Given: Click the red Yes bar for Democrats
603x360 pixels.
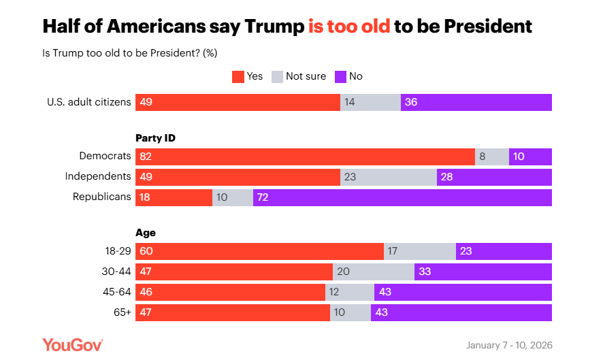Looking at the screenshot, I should click(305, 157).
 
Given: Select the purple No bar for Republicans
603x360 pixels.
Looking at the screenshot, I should click(402, 197).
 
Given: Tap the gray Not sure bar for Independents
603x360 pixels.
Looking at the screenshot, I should click(388, 177).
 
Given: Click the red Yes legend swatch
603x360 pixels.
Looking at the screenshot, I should click(238, 76).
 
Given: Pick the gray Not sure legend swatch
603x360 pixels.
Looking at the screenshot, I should click(277, 76).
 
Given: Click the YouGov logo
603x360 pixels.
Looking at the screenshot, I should click(73, 344).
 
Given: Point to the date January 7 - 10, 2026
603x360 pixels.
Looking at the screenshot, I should click(509, 345).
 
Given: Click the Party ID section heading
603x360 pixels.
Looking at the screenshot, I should click(156, 137).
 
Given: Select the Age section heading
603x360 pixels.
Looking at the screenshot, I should click(146, 233).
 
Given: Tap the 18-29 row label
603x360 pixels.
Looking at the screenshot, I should click(116, 250).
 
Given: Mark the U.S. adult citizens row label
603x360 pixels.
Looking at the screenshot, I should click(88, 102).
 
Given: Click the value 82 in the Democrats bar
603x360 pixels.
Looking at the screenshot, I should click(146, 157).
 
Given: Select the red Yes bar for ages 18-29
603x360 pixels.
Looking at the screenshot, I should click(259, 251).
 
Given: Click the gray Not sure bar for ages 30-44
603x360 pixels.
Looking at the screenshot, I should click(373, 272).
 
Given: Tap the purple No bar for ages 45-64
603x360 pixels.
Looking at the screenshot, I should click(463, 292).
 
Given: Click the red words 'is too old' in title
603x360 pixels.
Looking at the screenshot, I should click(349, 27).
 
